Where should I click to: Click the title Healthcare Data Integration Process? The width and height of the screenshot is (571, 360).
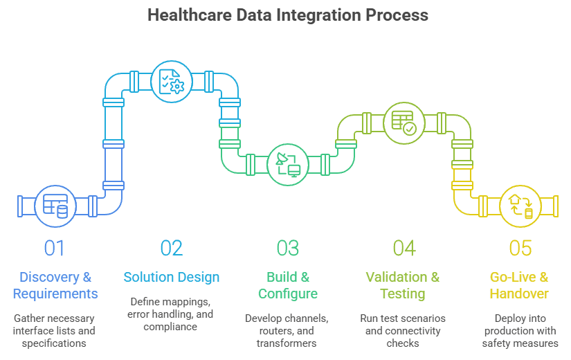288,15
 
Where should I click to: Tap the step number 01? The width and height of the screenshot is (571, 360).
55,248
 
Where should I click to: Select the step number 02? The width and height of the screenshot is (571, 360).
171,248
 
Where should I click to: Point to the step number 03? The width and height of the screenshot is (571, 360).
288,248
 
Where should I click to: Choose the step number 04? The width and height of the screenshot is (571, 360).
404,248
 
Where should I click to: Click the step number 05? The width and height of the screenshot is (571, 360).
520,248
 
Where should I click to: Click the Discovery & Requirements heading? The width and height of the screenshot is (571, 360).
55,285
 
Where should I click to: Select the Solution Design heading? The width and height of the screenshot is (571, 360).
172,277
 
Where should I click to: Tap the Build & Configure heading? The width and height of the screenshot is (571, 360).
288,285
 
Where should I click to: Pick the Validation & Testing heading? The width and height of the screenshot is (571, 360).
403,285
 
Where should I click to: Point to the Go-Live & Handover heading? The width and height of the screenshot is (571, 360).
519,285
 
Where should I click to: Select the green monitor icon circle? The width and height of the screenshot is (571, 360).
287,164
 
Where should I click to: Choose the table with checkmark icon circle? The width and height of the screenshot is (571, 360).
404,122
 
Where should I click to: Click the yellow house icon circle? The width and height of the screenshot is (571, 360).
520,206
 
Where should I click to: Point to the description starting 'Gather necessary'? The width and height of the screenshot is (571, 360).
55,330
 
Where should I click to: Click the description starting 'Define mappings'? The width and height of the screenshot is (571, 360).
172,314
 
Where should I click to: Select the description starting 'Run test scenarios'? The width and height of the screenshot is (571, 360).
403,330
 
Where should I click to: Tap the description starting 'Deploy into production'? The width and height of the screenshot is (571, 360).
520,330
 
